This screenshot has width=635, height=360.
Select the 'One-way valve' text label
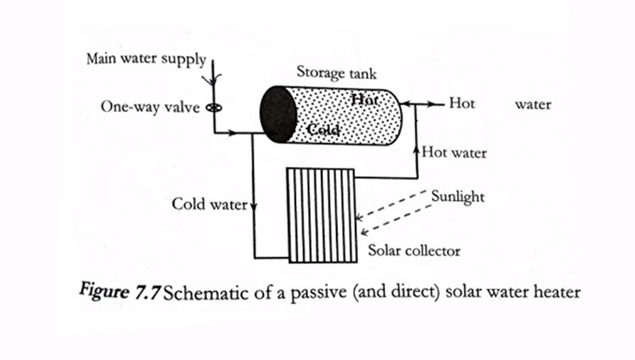pos(150,108)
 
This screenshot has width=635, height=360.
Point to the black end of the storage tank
pos(277,114)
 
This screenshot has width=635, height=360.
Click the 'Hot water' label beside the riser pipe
pos(454,153)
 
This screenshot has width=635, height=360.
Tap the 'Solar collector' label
pos(414,252)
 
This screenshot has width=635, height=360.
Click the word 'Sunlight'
pos(457,197)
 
